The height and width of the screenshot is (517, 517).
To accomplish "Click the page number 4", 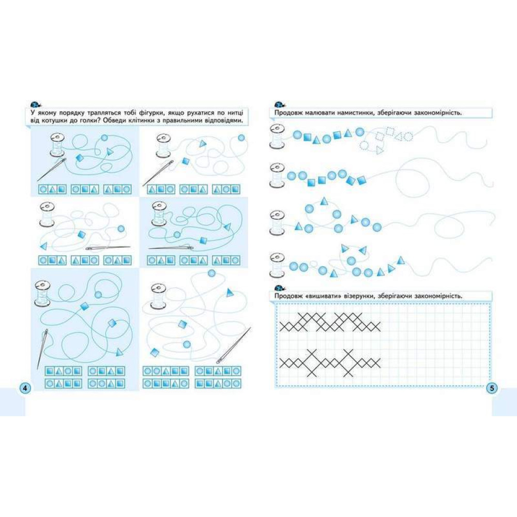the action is point(25,388).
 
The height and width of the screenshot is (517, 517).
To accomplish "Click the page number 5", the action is point(492,388).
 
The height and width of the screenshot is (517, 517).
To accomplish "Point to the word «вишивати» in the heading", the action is point(323,296).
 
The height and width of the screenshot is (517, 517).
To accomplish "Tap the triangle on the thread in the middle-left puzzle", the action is point(43,246).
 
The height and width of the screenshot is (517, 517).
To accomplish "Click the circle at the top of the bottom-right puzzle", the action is point(211,273).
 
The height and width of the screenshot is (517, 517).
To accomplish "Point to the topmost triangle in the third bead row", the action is point(324,201).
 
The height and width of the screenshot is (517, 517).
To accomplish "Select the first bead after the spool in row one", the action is point(297,134).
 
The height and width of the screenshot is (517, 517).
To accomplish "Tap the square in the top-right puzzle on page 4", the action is point(186,161).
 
